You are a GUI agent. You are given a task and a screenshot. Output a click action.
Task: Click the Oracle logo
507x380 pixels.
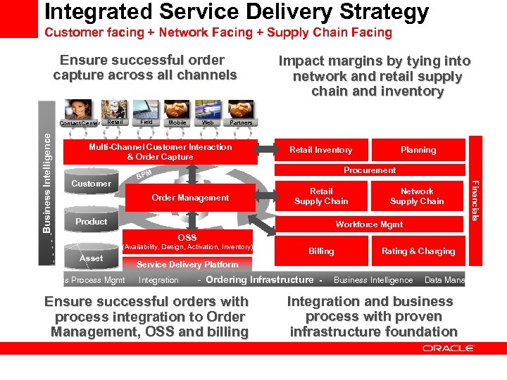pyautogui.click(x=449, y=348)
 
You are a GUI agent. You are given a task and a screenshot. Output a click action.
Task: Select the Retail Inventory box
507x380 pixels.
pyautogui.click(x=321, y=150)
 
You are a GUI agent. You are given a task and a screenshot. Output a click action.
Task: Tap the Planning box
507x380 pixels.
pyautogui.click(x=418, y=150)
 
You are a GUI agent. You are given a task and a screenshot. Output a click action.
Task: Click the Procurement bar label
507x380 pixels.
pyautogui.click(x=370, y=170)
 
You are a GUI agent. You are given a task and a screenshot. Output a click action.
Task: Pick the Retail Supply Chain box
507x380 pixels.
pyautogui.click(x=321, y=196)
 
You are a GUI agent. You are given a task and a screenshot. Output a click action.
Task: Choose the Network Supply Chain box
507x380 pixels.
pyautogui.click(x=417, y=196)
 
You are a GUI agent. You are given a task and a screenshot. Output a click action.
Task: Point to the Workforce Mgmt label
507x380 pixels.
pyautogui.click(x=370, y=224)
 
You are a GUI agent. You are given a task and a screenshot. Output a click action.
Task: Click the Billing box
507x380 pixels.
pyautogui.click(x=321, y=251)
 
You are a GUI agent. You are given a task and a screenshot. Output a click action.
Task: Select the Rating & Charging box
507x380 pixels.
pyautogui.click(x=418, y=251)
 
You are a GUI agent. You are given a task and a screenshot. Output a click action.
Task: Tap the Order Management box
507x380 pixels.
pyautogui.click(x=190, y=198)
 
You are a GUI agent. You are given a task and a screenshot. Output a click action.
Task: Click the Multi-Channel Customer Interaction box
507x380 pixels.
pyautogui.click(x=160, y=152)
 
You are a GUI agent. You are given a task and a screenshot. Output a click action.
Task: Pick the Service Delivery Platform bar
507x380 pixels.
pyautogui.click(x=187, y=265)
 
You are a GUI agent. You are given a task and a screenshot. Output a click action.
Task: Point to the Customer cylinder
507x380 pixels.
pyautogui.click(x=92, y=184)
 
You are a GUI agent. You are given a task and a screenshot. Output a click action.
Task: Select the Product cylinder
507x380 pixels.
pyautogui.click(x=92, y=222)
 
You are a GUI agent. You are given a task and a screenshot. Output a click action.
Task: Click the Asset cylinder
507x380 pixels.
pyautogui.click(x=91, y=258)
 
